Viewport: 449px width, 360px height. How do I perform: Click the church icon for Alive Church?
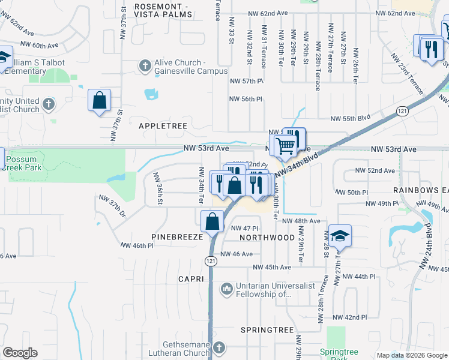[145, 65]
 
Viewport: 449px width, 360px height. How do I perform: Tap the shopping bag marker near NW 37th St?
[99, 100]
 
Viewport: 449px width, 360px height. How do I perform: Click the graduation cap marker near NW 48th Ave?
[339, 235]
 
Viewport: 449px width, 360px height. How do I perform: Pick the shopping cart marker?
[285, 145]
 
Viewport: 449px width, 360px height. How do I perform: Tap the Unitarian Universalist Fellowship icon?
[226, 290]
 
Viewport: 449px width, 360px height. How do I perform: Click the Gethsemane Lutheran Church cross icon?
[219, 347]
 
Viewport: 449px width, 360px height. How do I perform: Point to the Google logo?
[20, 353]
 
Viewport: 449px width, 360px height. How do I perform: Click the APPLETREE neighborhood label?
[163, 126]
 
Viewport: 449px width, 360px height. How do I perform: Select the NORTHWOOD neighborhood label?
[267, 238]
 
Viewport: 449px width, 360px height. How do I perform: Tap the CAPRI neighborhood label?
[191, 280]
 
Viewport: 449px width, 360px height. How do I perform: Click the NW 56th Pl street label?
[246, 99]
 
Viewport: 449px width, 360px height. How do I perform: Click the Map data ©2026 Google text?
[411, 355]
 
